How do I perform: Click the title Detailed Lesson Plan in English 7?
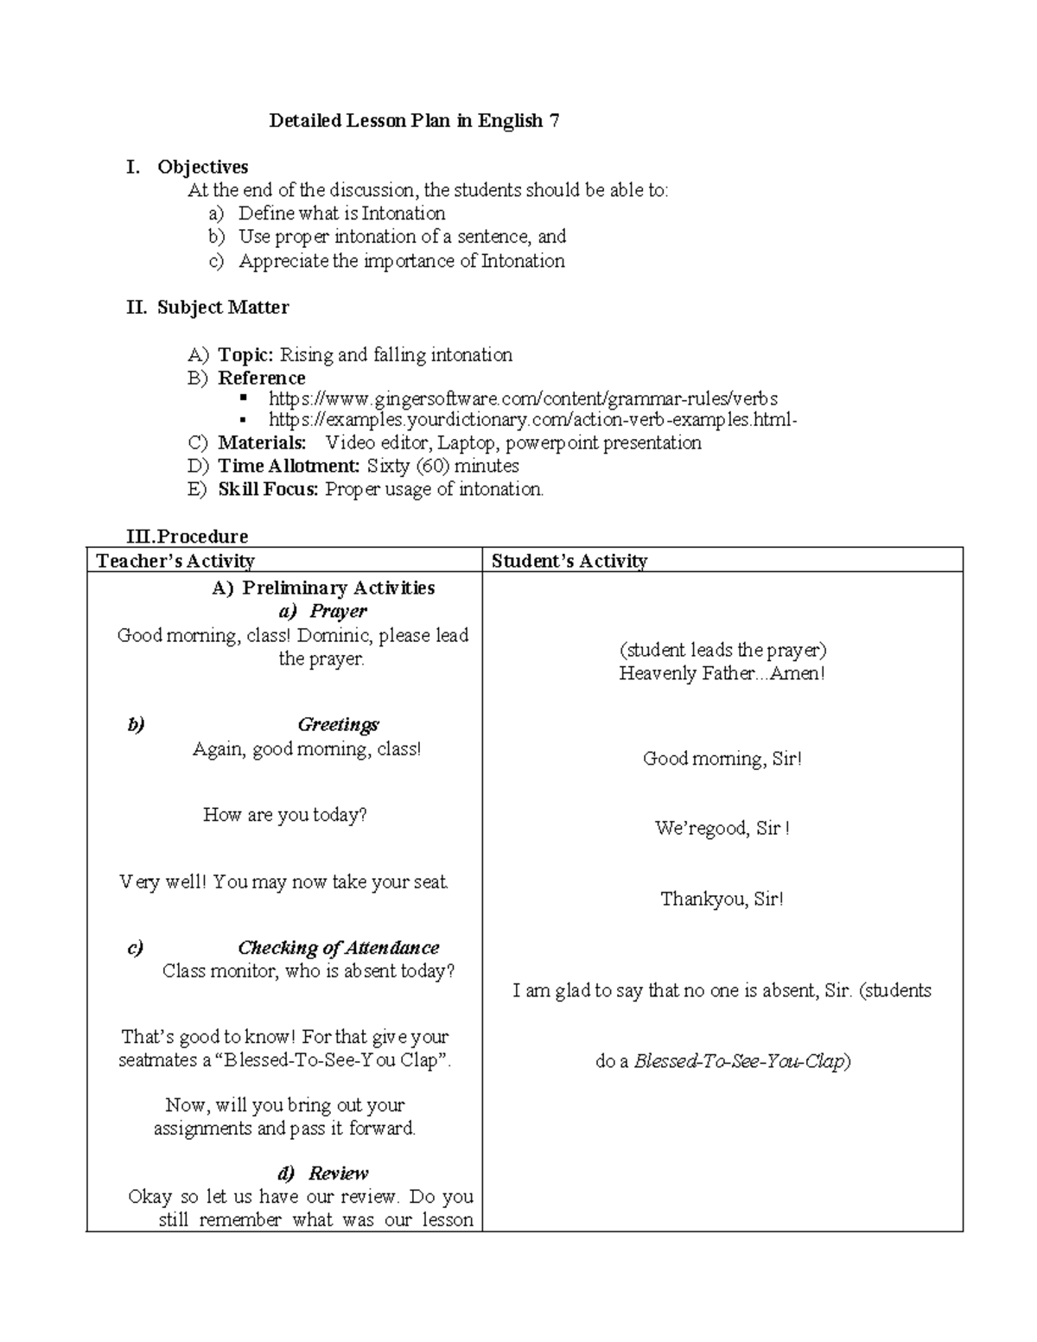click(x=414, y=121)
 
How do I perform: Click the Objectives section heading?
click(x=202, y=167)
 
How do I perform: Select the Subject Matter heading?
click(x=222, y=308)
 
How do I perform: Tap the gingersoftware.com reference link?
click(x=523, y=398)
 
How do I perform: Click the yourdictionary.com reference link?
click(x=532, y=420)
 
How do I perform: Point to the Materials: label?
click(x=262, y=443)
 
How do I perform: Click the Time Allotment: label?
click(x=289, y=467)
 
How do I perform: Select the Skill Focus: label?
click(x=268, y=490)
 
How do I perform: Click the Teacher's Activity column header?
click(x=175, y=561)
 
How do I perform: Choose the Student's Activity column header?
click(x=569, y=561)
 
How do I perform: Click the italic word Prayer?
click(x=338, y=612)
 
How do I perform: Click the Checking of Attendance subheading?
click(x=338, y=948)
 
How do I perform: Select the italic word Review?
click(x=338, y=1173)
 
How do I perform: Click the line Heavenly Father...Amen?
click(x=722, y=674)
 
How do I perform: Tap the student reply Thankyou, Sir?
click(x=722, y=900)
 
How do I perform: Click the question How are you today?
click(x=284, y=815)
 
